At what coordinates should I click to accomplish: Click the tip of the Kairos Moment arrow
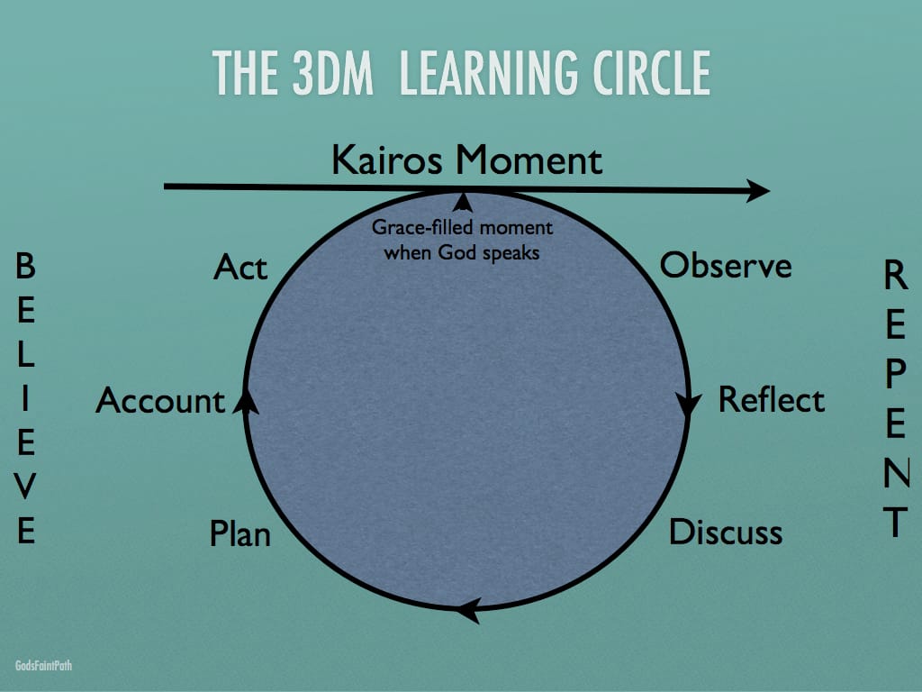click(770, 190)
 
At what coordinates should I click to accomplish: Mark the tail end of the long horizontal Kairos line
click(164, 187)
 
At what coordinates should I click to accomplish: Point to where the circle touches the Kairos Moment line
click(465, 191)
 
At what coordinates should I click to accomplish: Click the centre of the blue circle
click(467, 400)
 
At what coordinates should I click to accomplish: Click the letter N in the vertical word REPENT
click(896, 472)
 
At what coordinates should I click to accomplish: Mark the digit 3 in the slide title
click(304, 73)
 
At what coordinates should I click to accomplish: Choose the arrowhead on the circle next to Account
click(247, 402)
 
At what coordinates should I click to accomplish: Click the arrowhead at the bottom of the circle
click(468, 610)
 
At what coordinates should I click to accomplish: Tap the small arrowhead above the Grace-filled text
click(464, 203)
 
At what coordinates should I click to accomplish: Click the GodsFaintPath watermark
click(43, 666)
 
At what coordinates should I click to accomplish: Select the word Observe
click(726, 266)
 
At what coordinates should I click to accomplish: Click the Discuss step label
click(726, 532)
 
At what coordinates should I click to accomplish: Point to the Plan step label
click(240, 533)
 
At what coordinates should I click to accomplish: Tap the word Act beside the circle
click(240, 267)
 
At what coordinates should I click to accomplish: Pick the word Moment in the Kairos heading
click(529, 160)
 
